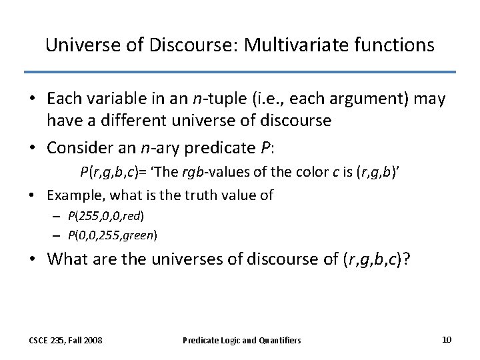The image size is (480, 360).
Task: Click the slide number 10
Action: [x=447, y=339]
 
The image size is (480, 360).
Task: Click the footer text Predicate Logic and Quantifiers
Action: [x=241, y=340]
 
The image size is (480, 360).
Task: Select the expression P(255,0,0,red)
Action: [x=106, y=216]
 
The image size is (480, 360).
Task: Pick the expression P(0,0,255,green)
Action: [x=113, y=235]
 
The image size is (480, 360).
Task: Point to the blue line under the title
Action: [x=240, y=72]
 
